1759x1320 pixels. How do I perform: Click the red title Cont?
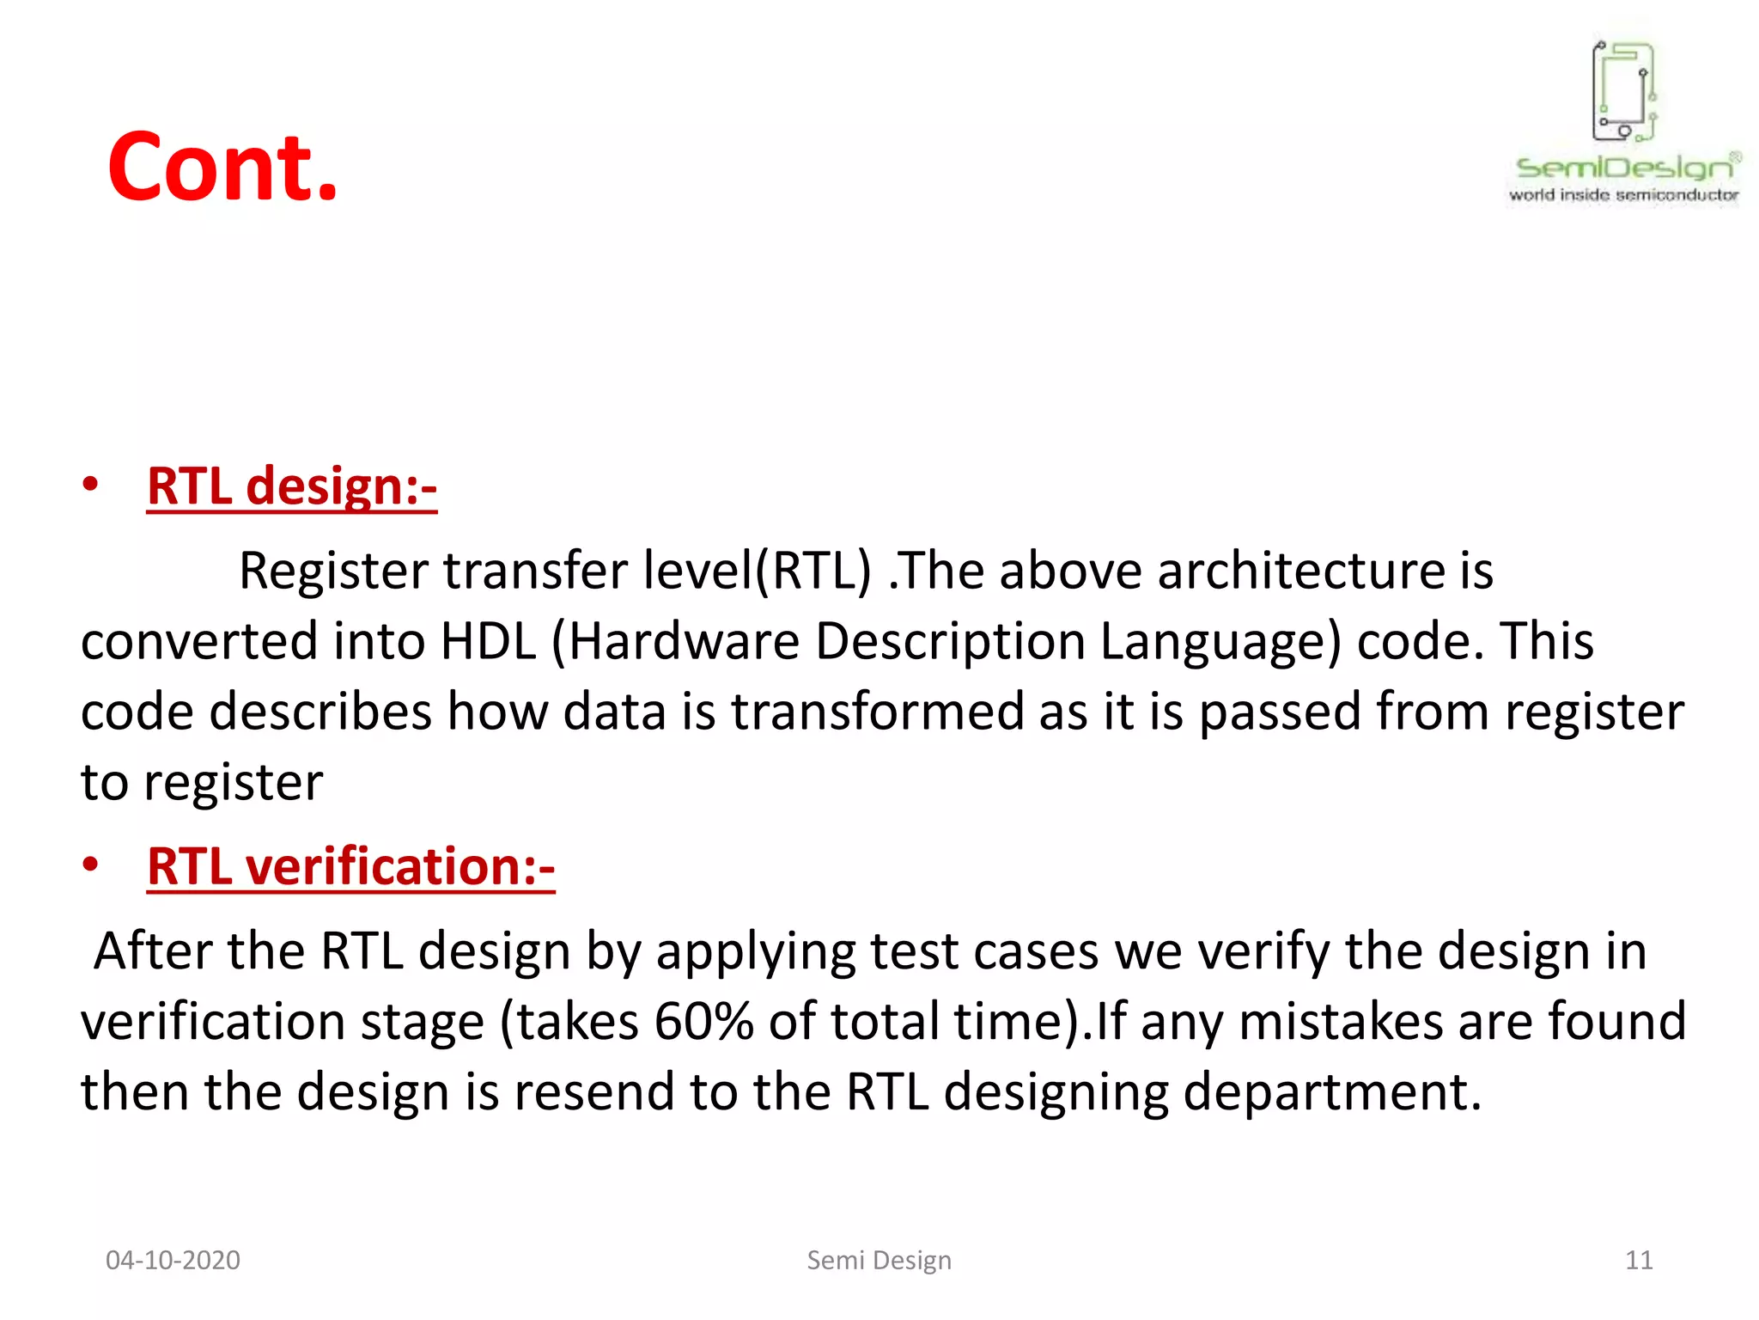pyautogui.click(x=222, y=167)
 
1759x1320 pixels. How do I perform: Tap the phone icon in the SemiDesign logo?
pyautogui.click(x=1623, y=91)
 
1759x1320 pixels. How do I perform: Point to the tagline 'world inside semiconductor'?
pyautogui.click(x=1623, y=195)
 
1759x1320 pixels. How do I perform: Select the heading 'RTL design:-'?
pyautogui.click(x=292, y=486)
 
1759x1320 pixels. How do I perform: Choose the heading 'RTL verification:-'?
pyautogui.click(x=350, y=866)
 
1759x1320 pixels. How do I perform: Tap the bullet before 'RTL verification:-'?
pyautogui.click(x=90, y=865)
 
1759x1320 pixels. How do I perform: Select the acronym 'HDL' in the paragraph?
pyautogui.click(x=488, y=641)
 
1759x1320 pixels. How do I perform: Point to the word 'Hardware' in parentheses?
pyautogui.click(x=683, y=641)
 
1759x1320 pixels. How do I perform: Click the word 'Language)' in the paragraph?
pyautogui.click(x=1220, y=641)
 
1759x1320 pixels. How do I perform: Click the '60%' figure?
pyautogui.click(x=703, y=1022)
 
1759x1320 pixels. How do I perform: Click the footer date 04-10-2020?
pyautogui.click(x=173, y=1261)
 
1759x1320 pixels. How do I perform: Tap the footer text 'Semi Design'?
pyautogui.click(x=879, y=1261)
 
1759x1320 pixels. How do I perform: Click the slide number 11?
pyautogui.click(x=1639, y=1261)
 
